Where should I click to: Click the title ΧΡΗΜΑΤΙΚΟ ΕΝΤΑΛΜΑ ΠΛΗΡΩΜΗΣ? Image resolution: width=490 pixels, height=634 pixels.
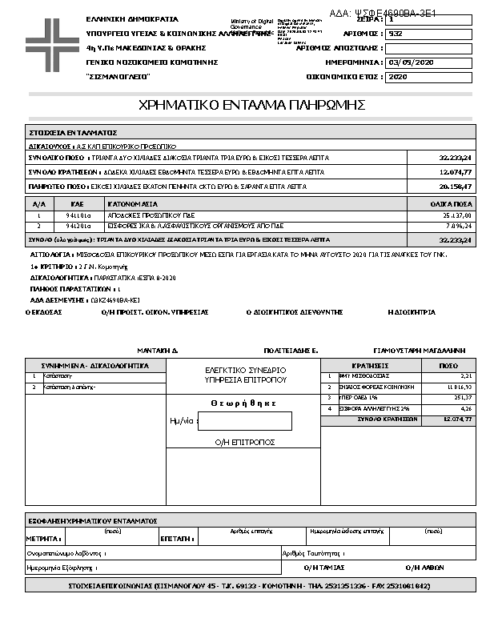(252, 105)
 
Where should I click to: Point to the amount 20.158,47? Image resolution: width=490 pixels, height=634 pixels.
(456, 186)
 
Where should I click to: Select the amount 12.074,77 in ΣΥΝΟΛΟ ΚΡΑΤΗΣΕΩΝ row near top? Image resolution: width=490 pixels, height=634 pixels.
(456, 172)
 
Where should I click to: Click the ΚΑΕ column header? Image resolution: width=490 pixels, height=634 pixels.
(78, 204)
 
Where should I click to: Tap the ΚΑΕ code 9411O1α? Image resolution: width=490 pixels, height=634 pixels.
(78, 215)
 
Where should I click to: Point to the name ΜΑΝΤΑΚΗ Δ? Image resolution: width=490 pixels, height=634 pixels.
(157, 351)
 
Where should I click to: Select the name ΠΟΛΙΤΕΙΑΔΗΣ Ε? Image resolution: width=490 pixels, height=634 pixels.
(291, 351)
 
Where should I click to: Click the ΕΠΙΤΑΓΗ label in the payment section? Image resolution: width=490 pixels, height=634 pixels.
(175, 539)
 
